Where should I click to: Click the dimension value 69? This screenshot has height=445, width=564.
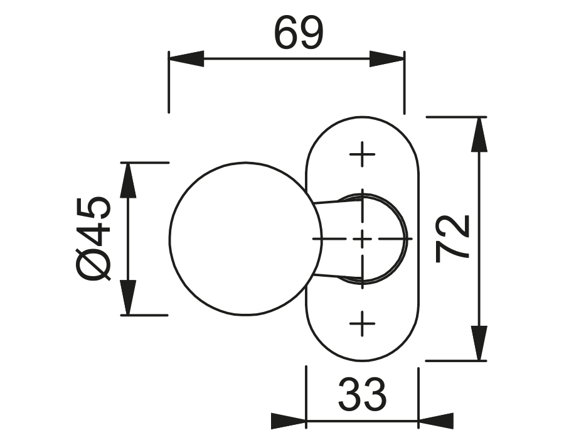point(299,35)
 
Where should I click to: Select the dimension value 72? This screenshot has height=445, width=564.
point(453,238)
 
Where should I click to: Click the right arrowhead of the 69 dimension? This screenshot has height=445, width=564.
point(387,59)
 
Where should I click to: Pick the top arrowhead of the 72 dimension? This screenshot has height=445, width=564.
point(479,134)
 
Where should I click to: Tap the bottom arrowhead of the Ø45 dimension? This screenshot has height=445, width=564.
point(129,298)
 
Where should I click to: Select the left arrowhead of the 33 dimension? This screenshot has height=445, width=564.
point(288,421)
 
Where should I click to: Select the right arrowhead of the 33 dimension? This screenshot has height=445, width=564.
point(435,421)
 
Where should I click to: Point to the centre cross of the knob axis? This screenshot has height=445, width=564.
point(362,239)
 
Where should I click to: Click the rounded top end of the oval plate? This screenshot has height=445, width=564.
point(362,126)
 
